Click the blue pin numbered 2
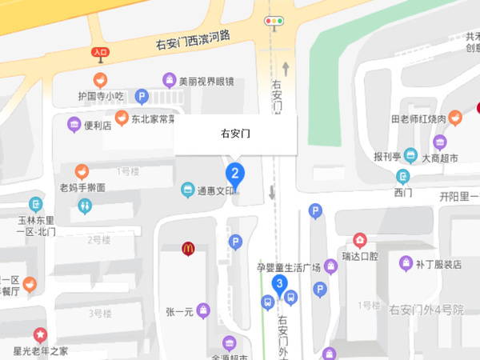tap(234, 173)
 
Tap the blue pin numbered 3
tap(279, 284)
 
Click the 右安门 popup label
tap(235, 134)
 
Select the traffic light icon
tap(275, 22)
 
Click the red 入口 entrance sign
tap(100, 53)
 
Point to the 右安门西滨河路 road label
tap(193, 41)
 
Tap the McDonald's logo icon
tap(189, 249)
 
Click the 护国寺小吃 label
tap(101, 96)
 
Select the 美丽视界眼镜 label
tap(206, 81)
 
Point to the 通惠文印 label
tap(217, 191)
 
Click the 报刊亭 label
tap(387, 156)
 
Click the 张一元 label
tap(180, 312)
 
